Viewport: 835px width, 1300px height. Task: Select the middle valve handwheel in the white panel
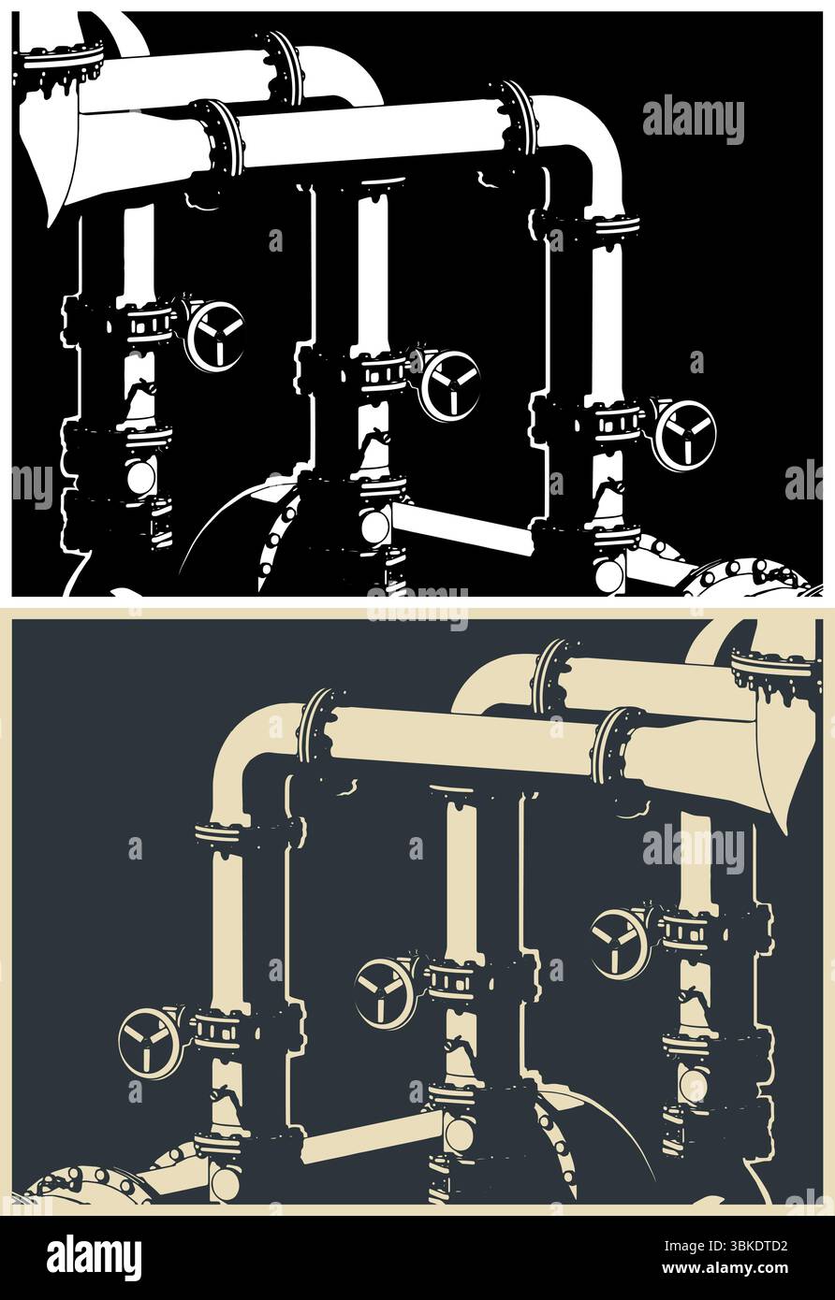449,385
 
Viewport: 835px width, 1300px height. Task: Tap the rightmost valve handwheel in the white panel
684,435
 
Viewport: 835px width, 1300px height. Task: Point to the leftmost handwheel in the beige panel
150,1043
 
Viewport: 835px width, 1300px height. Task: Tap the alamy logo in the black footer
94,1257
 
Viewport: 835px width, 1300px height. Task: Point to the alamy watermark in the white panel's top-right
693,120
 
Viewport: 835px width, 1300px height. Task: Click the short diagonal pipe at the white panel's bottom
463,531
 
